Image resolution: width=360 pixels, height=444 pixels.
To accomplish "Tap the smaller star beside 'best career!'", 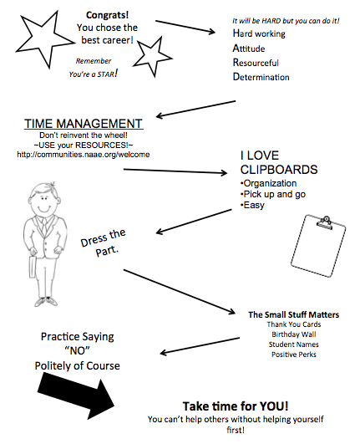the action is click(x=152, y=56).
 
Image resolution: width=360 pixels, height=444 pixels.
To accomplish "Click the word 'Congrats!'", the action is click(x=107, y=15).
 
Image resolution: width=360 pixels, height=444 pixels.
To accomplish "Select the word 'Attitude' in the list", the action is click(x=249, y=48).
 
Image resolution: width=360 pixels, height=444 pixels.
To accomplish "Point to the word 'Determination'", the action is click(x=261, y=77).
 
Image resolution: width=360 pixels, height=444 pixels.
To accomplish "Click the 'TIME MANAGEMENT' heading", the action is click(x=84, y=124).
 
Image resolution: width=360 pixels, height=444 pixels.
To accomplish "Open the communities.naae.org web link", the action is click(x=84, y=155).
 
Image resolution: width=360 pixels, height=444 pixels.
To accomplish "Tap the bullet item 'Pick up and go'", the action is click(x=273, y=194).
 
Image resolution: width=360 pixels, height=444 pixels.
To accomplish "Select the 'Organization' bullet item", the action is click(x=269, y=183).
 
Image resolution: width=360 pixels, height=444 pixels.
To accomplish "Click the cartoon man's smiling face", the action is click(x=43, y=201).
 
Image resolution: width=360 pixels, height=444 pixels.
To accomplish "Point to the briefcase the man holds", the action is click(x=33, y=267).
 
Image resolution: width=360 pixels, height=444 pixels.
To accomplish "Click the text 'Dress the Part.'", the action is click(x=104, y=242).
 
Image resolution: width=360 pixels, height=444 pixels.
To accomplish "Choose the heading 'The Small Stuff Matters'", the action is click(x=294, y=314).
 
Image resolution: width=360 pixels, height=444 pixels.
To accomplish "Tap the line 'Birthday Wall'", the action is click(x=294, y=334).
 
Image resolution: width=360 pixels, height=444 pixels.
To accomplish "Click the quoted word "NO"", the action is click(x=77, y=351).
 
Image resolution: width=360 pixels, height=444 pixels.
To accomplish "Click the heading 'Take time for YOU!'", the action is click(x=236, y=406).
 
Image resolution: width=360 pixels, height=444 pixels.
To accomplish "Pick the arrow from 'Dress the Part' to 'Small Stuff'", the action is click(x=180, y=292).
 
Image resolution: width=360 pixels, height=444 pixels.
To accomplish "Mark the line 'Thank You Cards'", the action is click(x=294, y=324).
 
